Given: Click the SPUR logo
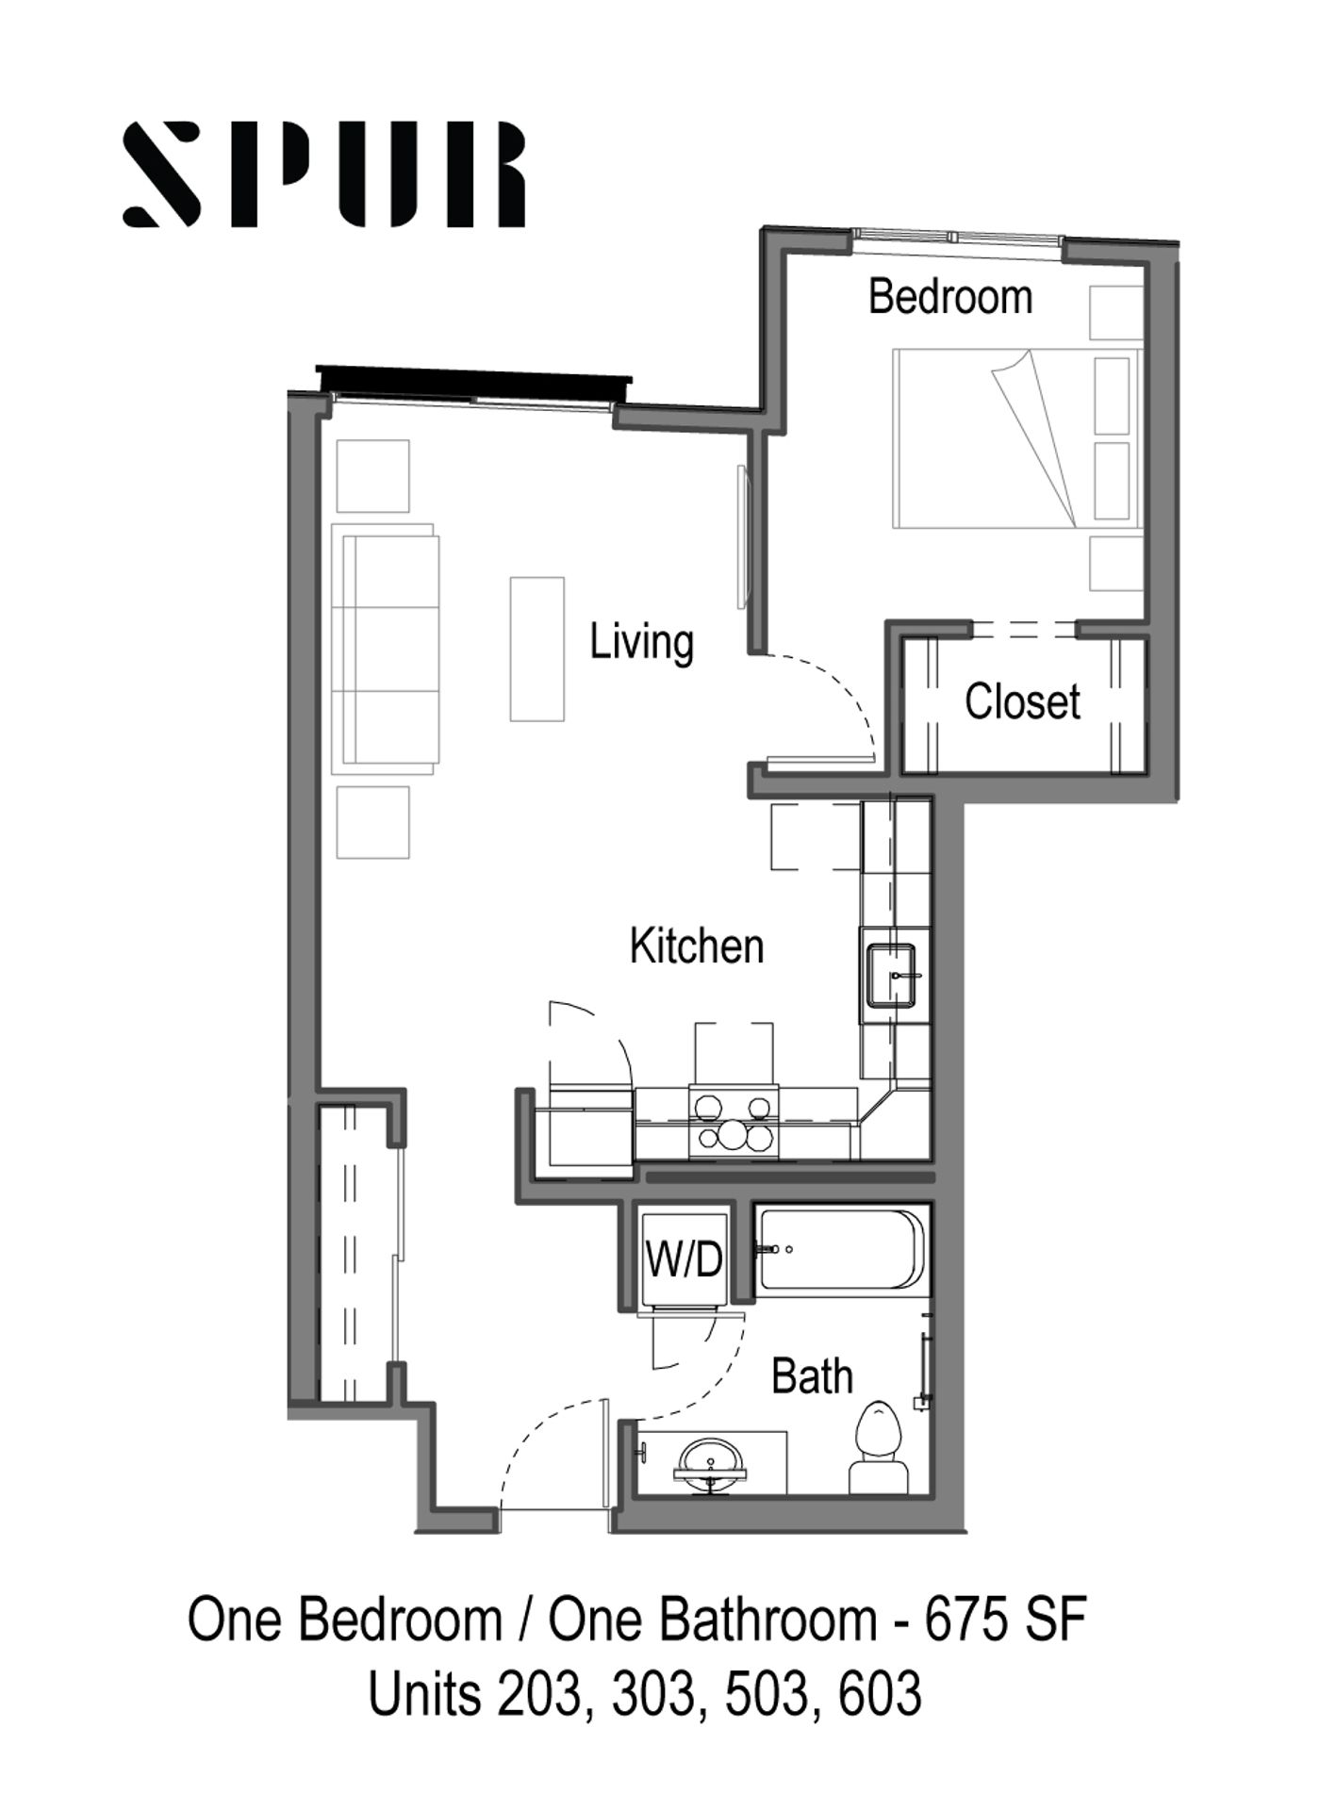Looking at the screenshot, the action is click(324, 174).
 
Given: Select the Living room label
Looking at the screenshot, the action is click(642, 643).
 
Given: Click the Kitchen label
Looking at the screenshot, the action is click(697, 946).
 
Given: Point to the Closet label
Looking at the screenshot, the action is click(1022, 702).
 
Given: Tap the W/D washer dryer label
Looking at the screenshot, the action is click(685, 1259).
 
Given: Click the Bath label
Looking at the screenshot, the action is click(812, 1377).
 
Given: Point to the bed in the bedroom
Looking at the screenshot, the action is click(1016, 438).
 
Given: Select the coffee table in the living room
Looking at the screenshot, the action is click(537, 649).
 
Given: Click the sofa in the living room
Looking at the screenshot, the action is click(386, 650).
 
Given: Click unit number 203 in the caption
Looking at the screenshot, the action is click(536, 1694).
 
